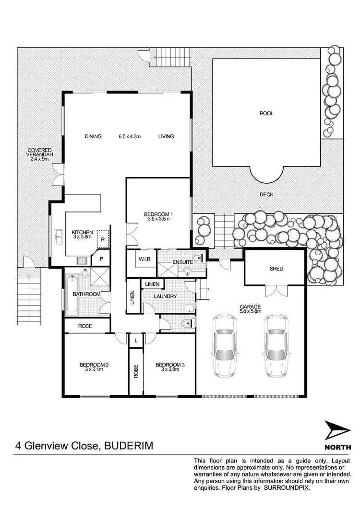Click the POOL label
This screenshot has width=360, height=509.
[x=266, y=114]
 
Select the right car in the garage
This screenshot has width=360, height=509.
[x=276, y=344]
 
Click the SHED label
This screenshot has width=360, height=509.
[x=276, y=269]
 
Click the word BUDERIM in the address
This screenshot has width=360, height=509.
[x=130, y=446]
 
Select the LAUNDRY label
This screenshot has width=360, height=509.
[x=166, y=296]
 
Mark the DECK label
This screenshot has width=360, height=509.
[x=266, y=195]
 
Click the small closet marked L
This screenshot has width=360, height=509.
[x=136, y=340]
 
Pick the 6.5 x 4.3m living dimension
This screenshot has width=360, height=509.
[x=130, y=137]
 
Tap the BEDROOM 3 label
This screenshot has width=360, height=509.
[x=170, y=365]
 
